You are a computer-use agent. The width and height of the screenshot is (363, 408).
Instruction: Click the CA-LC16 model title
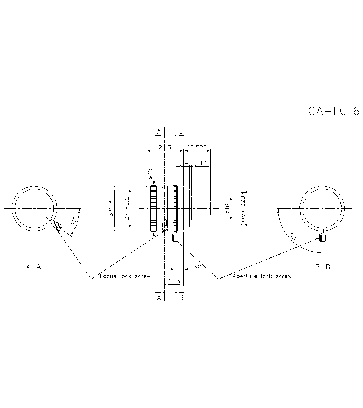(333, 111)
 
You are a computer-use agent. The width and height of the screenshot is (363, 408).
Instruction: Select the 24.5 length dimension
(164, 147)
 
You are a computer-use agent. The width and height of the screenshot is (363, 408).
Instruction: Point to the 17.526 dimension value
(196, 147)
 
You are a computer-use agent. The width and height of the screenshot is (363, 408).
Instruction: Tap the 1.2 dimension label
(204, 163)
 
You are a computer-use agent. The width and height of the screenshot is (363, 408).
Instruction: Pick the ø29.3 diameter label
(111, 209)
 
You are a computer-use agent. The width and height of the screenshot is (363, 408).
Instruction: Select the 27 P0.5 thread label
(127, 209)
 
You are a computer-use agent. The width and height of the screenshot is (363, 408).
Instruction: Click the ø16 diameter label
(227, 208)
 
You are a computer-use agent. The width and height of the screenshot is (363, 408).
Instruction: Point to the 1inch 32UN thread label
(243, 209)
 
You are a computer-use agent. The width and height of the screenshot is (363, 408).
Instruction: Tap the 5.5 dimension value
(197, 266)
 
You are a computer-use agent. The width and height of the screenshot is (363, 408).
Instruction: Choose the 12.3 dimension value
(175, 281)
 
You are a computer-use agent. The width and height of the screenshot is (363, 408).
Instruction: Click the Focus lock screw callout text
(125, 276)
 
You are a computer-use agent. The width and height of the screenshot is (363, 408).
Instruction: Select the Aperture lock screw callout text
(262, 276)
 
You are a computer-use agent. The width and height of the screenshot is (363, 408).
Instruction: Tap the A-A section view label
(33, 267)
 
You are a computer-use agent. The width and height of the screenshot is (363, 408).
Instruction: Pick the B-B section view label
(322, 267)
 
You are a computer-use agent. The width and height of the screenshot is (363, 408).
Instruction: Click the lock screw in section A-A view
(57, 227)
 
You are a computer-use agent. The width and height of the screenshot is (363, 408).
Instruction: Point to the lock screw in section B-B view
(322, 237)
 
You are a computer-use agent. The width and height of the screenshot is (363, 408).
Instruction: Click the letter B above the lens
(181, 131)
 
